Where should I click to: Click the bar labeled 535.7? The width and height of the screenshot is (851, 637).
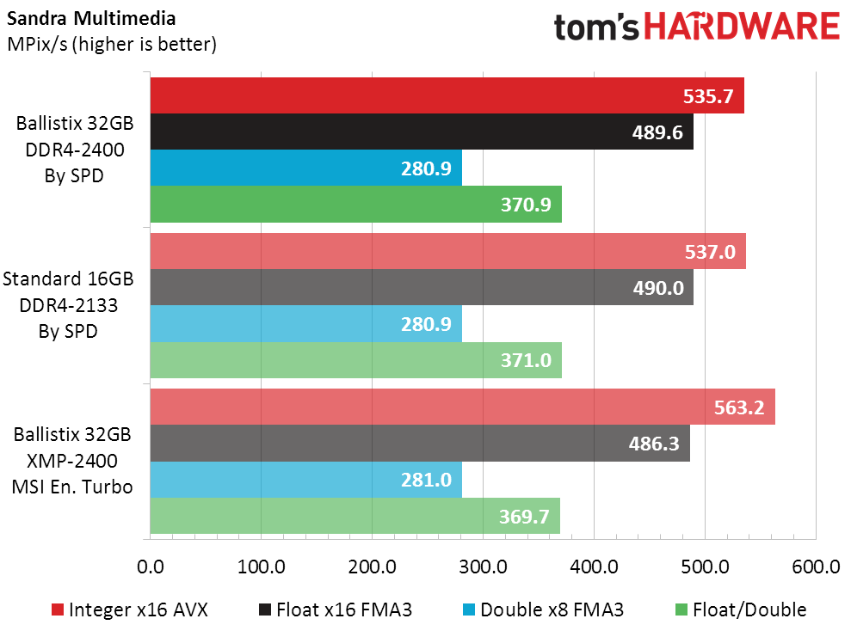point(447,95)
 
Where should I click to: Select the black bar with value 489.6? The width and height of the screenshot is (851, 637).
point(422,132)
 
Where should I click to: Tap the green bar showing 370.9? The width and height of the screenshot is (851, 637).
point(355,205)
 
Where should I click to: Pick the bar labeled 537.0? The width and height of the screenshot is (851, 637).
point(447,251)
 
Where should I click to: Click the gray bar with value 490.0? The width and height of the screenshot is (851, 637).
point(422,287)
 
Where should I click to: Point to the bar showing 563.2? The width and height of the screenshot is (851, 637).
point(462,407)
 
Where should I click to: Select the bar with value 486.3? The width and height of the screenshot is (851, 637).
point(420,443)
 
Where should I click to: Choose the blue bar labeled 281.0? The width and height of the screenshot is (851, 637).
point(305,480)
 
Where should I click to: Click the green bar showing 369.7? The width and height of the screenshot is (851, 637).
point(355,516)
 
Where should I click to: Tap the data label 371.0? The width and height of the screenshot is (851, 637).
point(525,360)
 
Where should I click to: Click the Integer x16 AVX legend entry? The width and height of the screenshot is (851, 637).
point(129,610)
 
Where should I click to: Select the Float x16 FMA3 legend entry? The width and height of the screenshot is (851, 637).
point(336,610)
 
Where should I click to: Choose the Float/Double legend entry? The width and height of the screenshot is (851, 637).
point(738,610)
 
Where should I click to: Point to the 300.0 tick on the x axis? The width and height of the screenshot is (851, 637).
point(483,567)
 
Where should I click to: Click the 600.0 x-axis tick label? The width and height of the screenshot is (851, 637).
point(815,567)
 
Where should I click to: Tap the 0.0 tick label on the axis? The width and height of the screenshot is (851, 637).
point(151,567)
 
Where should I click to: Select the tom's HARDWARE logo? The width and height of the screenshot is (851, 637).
point(696,27)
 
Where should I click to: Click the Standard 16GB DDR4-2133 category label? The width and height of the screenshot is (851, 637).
point(68,304)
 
